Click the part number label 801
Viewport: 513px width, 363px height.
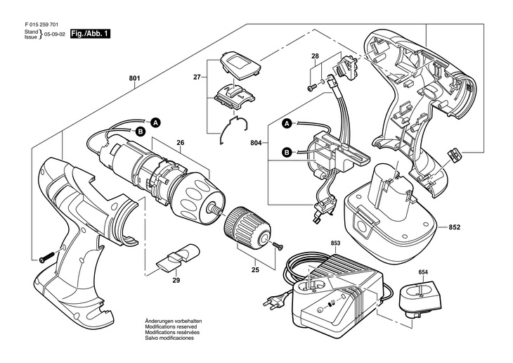[134, 79]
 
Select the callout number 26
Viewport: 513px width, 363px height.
[180, 143]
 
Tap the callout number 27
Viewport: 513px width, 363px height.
[197, 79]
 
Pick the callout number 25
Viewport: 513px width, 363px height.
[255, 269]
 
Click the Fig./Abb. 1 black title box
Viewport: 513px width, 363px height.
[89, 33]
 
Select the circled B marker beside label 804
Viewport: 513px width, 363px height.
[286, 151]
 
